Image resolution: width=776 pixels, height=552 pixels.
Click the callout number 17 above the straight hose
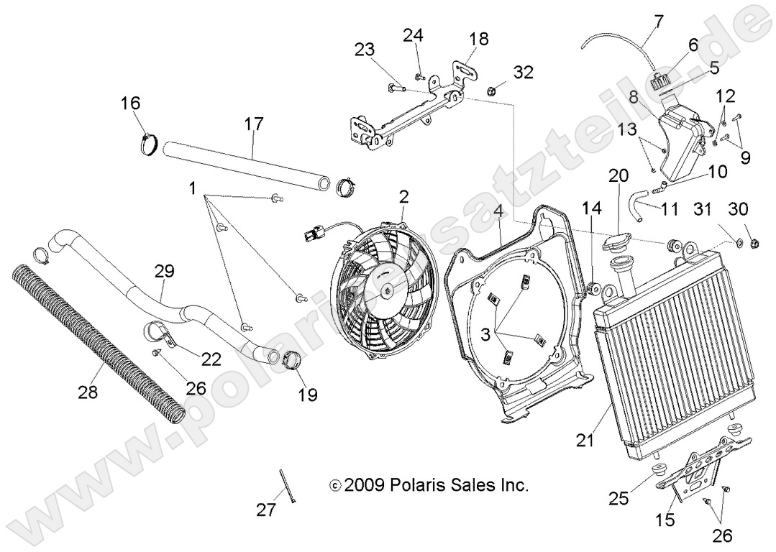tap(253, 124)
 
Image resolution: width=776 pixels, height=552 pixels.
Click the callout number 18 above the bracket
tap(478, 38)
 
